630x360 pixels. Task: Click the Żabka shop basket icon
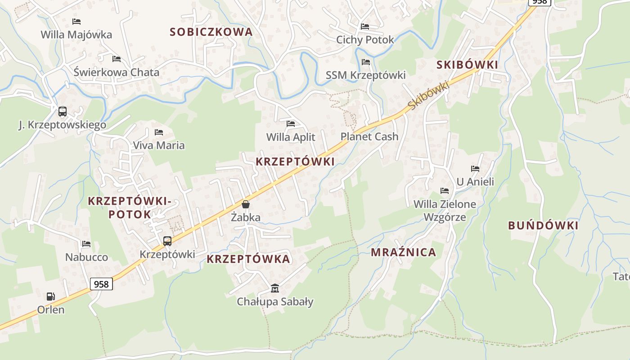(246, 204)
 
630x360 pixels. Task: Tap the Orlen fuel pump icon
(51, 296)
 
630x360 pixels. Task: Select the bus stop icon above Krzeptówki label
(167, 241)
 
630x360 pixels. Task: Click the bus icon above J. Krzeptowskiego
(63, 111)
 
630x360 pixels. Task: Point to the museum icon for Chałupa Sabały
(274, 288)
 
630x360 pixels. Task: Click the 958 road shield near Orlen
(101, 284)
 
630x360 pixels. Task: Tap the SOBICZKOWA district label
(211, 32)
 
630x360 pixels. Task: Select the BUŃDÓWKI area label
(543, 225)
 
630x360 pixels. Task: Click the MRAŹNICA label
(403, 252)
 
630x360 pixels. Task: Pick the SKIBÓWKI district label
(467, 65)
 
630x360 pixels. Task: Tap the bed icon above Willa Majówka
(76, 21)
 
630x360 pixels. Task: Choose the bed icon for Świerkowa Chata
(117, 58)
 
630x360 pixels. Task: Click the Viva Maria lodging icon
(158, 132)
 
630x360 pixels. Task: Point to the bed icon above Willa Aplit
(291, 123)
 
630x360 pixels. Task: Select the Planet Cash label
(369, 136)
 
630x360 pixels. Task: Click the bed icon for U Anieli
(475, 169)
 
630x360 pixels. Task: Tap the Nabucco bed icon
(86, 244)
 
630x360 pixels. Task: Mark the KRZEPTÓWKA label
(248, 259)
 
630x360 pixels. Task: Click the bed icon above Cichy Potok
(365, 27)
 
